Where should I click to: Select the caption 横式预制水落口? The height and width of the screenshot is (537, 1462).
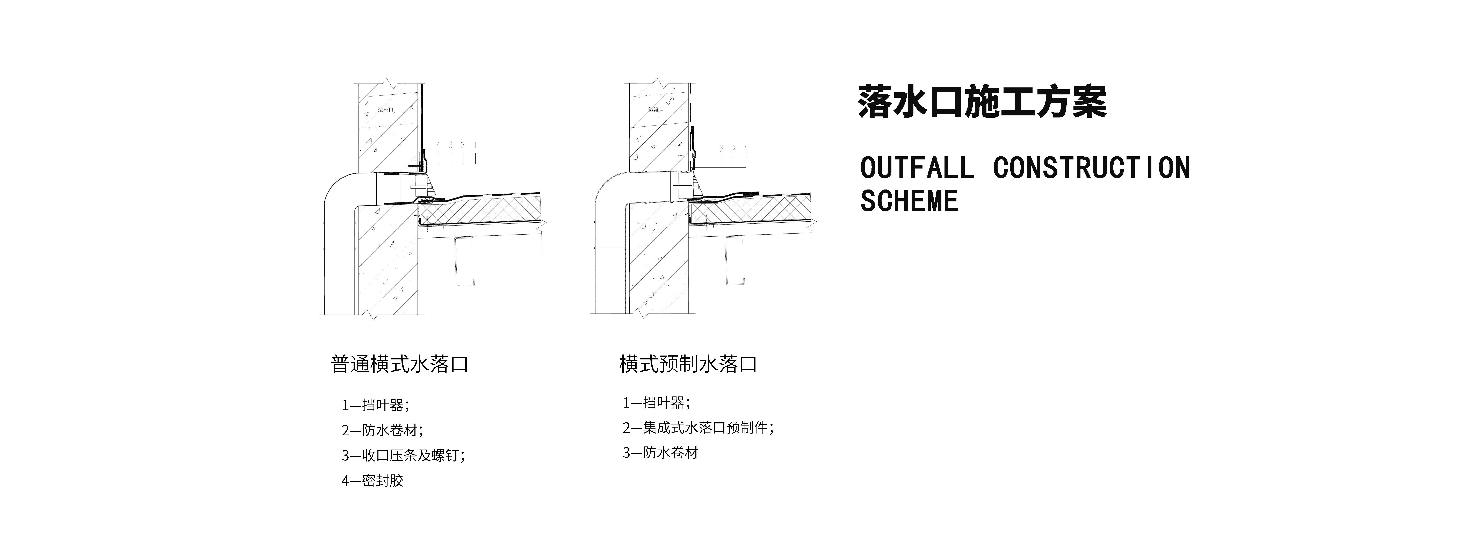coord(688,364)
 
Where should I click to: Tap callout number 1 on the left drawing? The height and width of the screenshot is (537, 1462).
coord(475,145)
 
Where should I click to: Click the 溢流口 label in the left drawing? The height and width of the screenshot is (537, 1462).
coord(385,109)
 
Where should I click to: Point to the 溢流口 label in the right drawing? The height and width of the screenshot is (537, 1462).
coord(656,109)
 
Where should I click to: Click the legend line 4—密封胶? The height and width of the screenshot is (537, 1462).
coord(372,481)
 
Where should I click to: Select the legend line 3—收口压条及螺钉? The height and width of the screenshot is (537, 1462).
coord(403,455)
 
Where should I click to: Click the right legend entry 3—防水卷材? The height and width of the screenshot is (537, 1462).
coord(660,453)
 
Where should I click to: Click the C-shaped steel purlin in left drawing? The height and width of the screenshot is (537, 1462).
coord(464,261)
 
